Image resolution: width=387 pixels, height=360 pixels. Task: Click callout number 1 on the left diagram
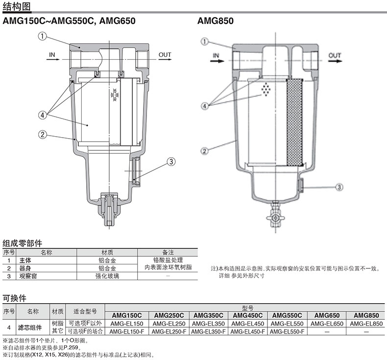click(x=43, y=36)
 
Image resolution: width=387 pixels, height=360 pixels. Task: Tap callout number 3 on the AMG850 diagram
click(x=339, y=187)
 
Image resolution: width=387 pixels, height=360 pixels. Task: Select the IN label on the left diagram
click(x=52, y=55)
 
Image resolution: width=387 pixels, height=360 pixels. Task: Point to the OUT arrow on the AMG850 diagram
click(x=335, y=61)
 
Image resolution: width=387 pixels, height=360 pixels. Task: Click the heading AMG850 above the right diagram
click(x=216, y=21)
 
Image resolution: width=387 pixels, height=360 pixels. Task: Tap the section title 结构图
click(x=17, y=6)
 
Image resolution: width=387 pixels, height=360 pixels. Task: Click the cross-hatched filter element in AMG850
click(x=294, y=122)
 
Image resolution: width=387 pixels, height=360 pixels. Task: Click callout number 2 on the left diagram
click(x=43, y=135)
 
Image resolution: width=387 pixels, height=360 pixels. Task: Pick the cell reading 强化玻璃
click(x=107, y=276)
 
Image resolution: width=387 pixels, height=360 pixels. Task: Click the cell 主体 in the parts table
click(x=25, y=260)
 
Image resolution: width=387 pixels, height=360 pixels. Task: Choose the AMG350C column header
click(x=208, y=315)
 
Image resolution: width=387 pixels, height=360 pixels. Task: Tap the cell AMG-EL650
click(x=327, y=323)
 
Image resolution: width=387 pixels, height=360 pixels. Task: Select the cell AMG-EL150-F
click(x=126, y=332)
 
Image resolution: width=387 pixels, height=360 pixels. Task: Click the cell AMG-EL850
click(x=366, y=323)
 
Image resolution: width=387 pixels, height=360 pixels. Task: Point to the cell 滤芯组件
click(x=30, y=328)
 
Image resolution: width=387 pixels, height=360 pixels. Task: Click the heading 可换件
click(x=14, y=298)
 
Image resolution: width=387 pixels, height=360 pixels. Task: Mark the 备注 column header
click(x=168, y=252)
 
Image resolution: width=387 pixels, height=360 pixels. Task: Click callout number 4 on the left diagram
click(x=43, y=115)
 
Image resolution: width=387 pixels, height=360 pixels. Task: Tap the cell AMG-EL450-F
click(x=248, y=332)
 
